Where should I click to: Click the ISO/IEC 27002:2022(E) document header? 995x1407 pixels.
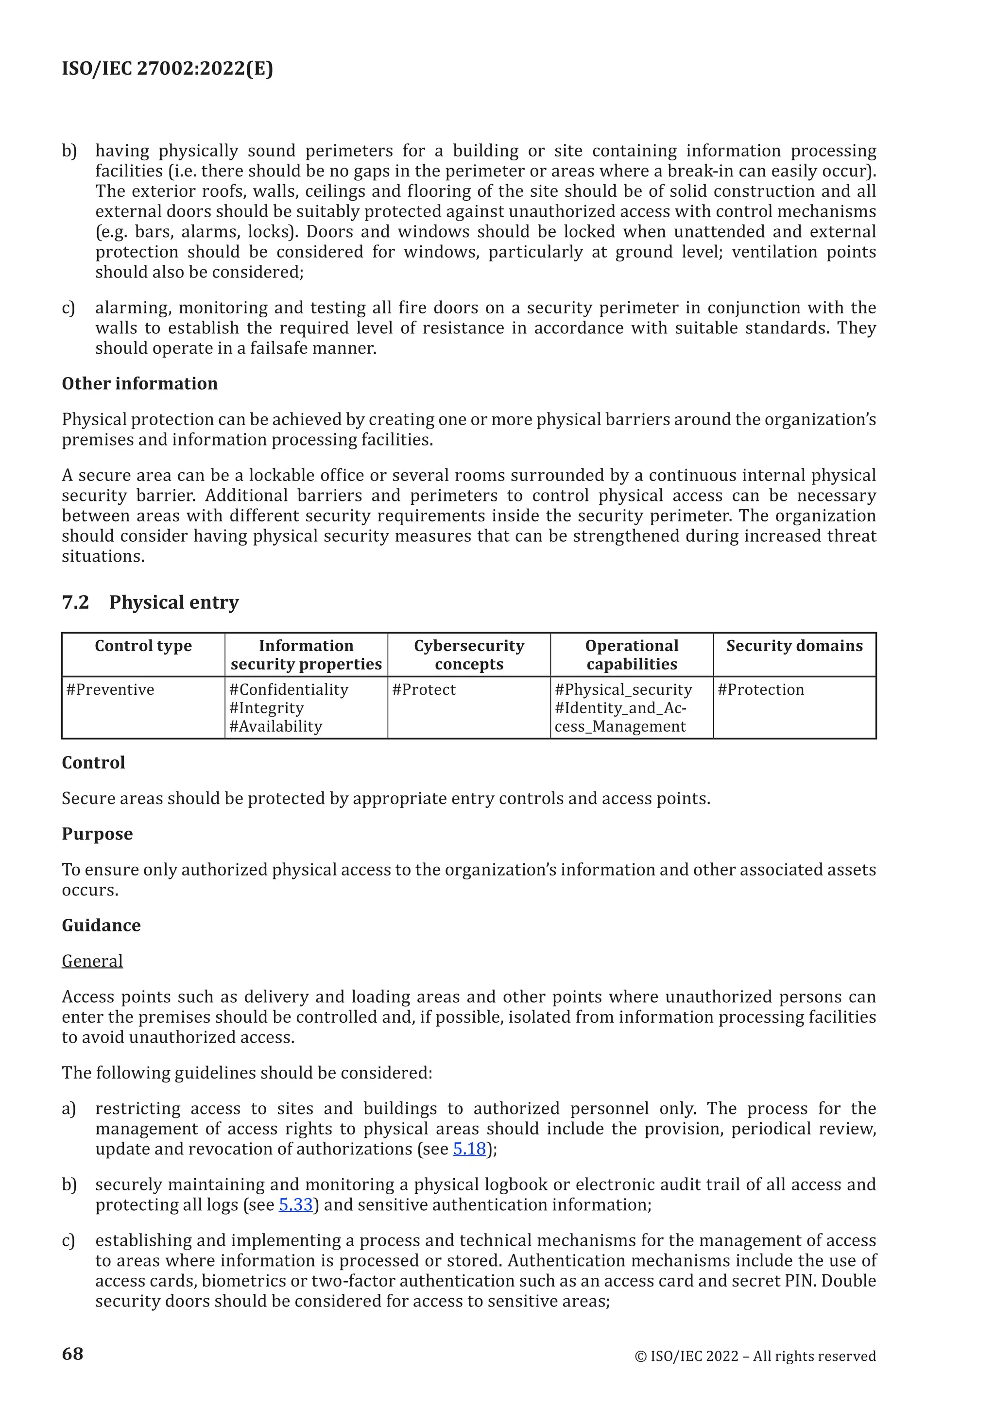(167, 68)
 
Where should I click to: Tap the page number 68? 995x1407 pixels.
(72, 1353)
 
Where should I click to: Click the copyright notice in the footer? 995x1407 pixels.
(755, 1356)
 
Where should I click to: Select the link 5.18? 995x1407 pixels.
(469, 1149)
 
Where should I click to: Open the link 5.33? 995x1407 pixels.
(295, 1204)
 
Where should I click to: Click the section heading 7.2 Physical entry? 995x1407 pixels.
(150, 602)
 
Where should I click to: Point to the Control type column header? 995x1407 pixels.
(143, 645)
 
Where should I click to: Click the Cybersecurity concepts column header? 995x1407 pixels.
(469, 654)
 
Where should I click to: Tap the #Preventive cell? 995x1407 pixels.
(110, 689)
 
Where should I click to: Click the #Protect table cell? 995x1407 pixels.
(424, 689)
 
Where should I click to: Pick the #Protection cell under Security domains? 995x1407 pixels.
(760, 689)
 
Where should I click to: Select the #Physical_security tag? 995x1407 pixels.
(623, 689)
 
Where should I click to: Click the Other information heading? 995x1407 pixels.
(140, 384)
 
